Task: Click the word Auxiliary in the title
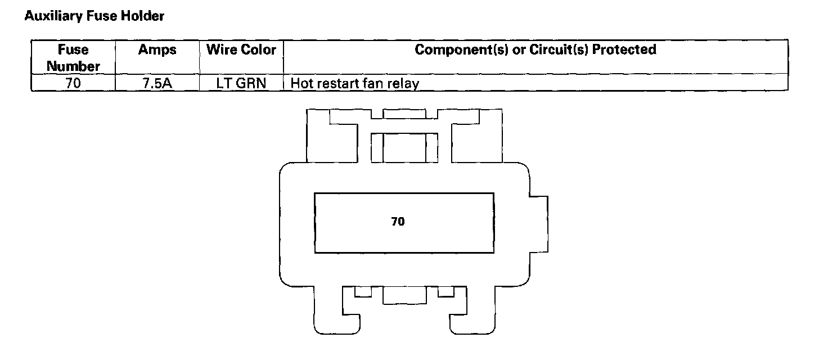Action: coord(46,16)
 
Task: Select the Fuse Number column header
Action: coord(73,57)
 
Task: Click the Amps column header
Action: coord(157,50)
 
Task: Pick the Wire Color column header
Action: coord(241,50)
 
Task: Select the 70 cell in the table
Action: coord(73,84)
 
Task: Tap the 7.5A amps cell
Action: coord(157,84)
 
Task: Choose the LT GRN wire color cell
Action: coord(241,84)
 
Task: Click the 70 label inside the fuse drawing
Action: coord(398,222)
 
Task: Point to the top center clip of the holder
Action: coord(404,143)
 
